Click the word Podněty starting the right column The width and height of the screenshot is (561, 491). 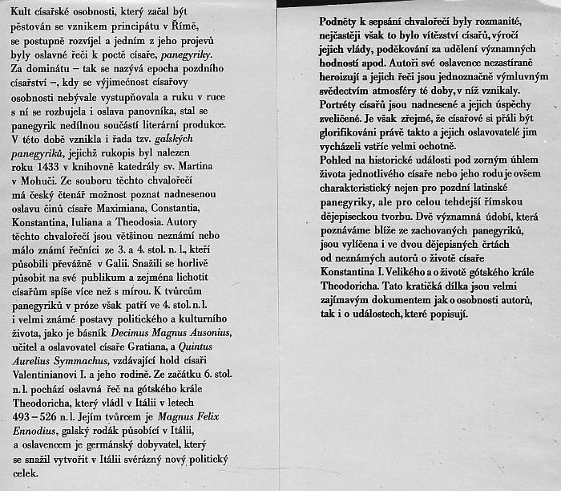tap(319, 18)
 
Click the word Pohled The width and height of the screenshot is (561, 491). tap(313, 161)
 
